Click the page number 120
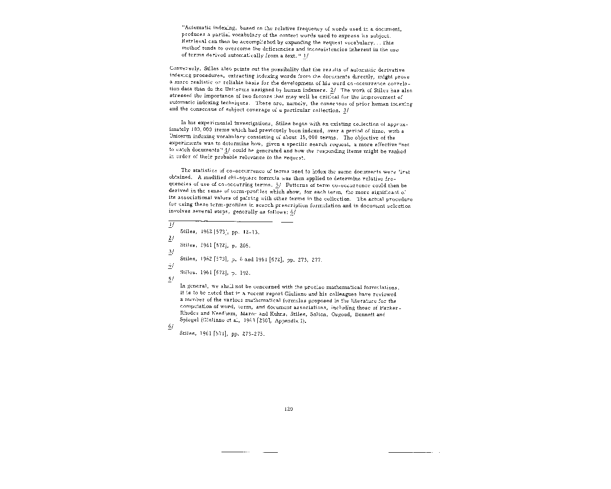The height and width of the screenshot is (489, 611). point(288,409)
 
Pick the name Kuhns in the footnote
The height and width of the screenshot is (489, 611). point(268,314)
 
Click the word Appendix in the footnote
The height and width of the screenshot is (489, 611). point(287,321)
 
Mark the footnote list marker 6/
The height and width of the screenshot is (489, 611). point(171,327)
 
